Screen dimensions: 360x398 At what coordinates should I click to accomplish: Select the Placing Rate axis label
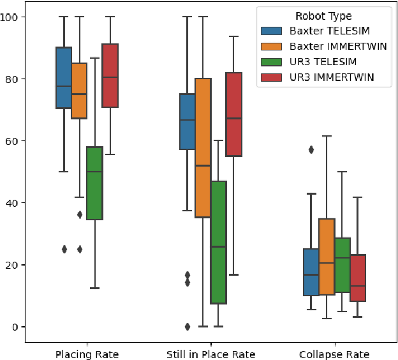(87, 354)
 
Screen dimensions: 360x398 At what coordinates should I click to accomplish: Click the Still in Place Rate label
(211, 354)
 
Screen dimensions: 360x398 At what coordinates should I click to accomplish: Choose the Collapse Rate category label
(334, 354)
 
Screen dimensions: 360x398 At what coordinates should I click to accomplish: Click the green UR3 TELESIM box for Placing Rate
(95, 183)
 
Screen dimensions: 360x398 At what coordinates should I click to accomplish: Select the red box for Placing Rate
(110, 75)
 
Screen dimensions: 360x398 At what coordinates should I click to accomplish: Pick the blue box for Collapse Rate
(311, 272)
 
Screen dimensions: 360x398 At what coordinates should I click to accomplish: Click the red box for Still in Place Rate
(234, 114)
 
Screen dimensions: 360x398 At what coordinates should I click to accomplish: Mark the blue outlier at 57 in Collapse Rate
(311, 150)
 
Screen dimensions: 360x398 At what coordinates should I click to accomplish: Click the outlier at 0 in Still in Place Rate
(188, 327)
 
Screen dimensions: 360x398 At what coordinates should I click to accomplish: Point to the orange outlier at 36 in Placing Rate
(80, 214)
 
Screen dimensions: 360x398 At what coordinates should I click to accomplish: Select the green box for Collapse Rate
(343, 265)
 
